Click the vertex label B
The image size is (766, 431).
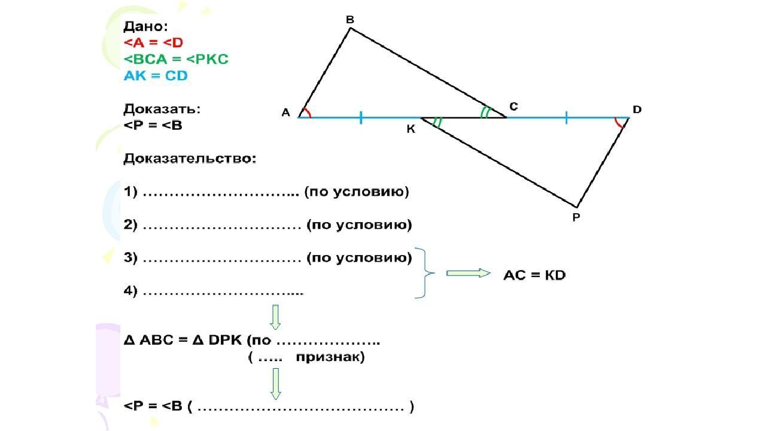[350, 20]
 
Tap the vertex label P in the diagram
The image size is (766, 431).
[576, 217]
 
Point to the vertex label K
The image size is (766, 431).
[411, 129]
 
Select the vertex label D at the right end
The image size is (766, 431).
[637, 110]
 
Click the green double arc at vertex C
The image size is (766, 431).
[485, 112]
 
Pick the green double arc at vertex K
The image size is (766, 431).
[437, 123]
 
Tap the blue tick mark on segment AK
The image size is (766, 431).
[361, 117]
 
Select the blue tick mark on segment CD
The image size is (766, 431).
[566, 117]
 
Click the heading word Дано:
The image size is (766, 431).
[145, 26]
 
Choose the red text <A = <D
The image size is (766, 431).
[153, 43]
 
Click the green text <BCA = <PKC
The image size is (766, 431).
[176, 59]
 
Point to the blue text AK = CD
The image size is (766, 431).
[156, 76]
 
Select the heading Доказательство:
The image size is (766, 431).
[190, 159]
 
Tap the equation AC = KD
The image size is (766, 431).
[534, 275]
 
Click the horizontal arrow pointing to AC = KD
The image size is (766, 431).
[468, 273]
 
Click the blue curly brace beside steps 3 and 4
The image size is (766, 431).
[427, 273]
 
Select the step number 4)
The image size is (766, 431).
[131, 292]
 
